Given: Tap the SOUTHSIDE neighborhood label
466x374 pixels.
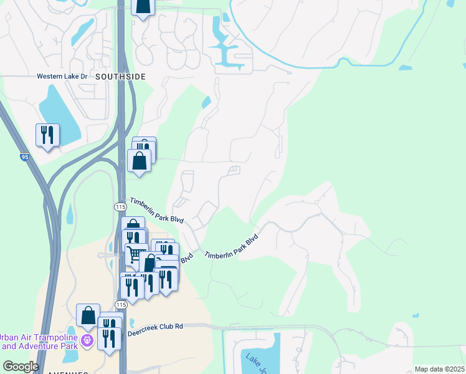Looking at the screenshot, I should [x=121, y=76].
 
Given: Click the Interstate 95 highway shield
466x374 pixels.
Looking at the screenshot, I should [x=24, y=158].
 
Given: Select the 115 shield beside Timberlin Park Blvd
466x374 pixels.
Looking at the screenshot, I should [x=121, y=206].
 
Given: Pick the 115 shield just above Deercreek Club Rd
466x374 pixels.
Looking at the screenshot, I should [x=121, y=304].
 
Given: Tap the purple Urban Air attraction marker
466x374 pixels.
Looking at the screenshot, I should [x=88, y=340].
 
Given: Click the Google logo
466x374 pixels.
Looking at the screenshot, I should [x=21, y=366].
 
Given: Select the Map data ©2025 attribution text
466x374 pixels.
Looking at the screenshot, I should [x=439, y=369].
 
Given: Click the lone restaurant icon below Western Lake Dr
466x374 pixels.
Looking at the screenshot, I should [x=48, y=135].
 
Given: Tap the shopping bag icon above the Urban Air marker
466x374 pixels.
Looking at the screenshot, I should [x=88, y=315].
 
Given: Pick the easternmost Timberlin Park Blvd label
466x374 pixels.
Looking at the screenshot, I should [x=231, y=247].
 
